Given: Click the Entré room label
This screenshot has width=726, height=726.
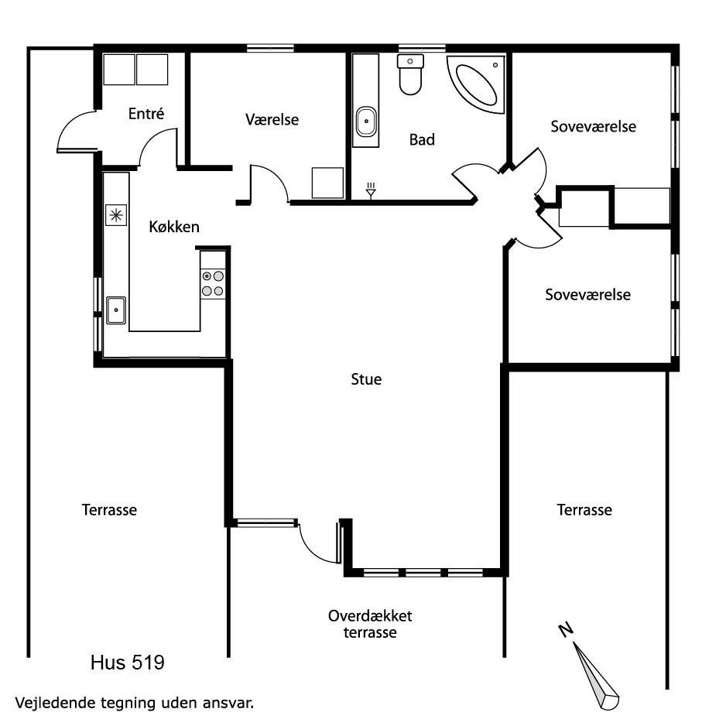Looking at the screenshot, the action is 146,114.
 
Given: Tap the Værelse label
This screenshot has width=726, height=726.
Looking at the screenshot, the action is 272,119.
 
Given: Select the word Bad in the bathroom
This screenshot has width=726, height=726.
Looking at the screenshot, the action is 422,139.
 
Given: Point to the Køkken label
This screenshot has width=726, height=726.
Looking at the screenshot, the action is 174,227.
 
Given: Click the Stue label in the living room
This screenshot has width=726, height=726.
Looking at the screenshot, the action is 366,379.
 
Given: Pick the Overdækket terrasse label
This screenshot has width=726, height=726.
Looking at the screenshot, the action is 370,624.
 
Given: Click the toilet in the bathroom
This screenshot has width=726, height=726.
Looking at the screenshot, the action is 411,74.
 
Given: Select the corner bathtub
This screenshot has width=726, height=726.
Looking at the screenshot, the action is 476,84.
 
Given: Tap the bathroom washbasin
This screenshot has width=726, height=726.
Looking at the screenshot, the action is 366,122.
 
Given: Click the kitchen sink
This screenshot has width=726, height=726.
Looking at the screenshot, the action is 116,310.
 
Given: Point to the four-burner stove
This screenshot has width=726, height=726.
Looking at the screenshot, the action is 213,283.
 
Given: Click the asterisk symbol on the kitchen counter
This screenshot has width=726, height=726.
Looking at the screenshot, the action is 116,215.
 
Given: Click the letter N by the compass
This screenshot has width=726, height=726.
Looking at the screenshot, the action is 566,630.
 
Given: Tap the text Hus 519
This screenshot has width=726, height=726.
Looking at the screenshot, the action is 128,663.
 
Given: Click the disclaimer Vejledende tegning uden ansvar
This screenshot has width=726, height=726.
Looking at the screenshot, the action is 135,702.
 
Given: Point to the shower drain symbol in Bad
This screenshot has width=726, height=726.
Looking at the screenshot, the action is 371,190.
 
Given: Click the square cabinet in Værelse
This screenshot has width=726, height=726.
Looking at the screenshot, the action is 327,183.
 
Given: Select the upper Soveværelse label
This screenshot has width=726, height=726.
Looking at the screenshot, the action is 593,126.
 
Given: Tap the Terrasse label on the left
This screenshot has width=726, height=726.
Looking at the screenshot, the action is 109,510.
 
